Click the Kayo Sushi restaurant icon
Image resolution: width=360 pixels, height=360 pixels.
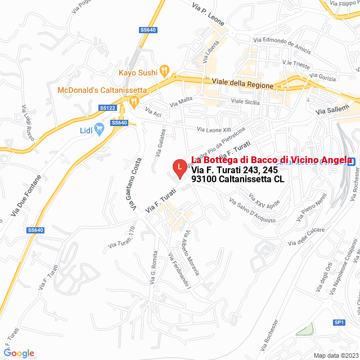[164, 70]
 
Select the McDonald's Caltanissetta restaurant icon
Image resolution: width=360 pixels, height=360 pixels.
[134, 102]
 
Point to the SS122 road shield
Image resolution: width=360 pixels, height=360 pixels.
[107, 107]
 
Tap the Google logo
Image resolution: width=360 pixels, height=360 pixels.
[19, 353]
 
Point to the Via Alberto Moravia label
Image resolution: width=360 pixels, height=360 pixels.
[190, 253]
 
